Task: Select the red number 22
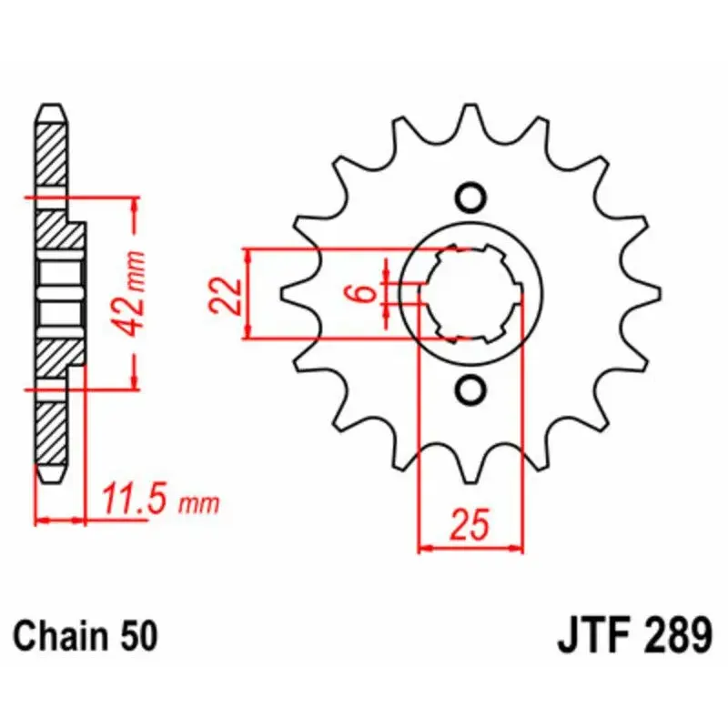(225, 296)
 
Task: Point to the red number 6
(366, 293)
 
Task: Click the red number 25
(470, 525)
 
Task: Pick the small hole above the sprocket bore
(470, 198)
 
